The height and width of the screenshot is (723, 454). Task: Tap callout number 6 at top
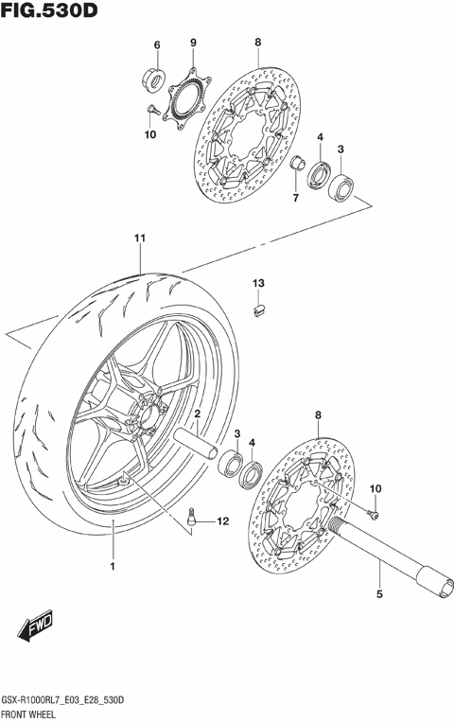[157, 44]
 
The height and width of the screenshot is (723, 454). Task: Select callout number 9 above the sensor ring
[192, 44]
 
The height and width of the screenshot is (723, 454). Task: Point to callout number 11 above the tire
[139, 238]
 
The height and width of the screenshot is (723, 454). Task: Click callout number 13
[256, 283]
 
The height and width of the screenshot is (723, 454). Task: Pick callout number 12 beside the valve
[223, 521]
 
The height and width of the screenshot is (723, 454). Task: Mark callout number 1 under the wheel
[112, 567]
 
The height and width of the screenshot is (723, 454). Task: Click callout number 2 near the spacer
[198, 415]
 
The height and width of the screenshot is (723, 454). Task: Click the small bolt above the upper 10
[150, 112]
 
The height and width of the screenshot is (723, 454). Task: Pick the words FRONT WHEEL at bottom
[34, 713]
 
